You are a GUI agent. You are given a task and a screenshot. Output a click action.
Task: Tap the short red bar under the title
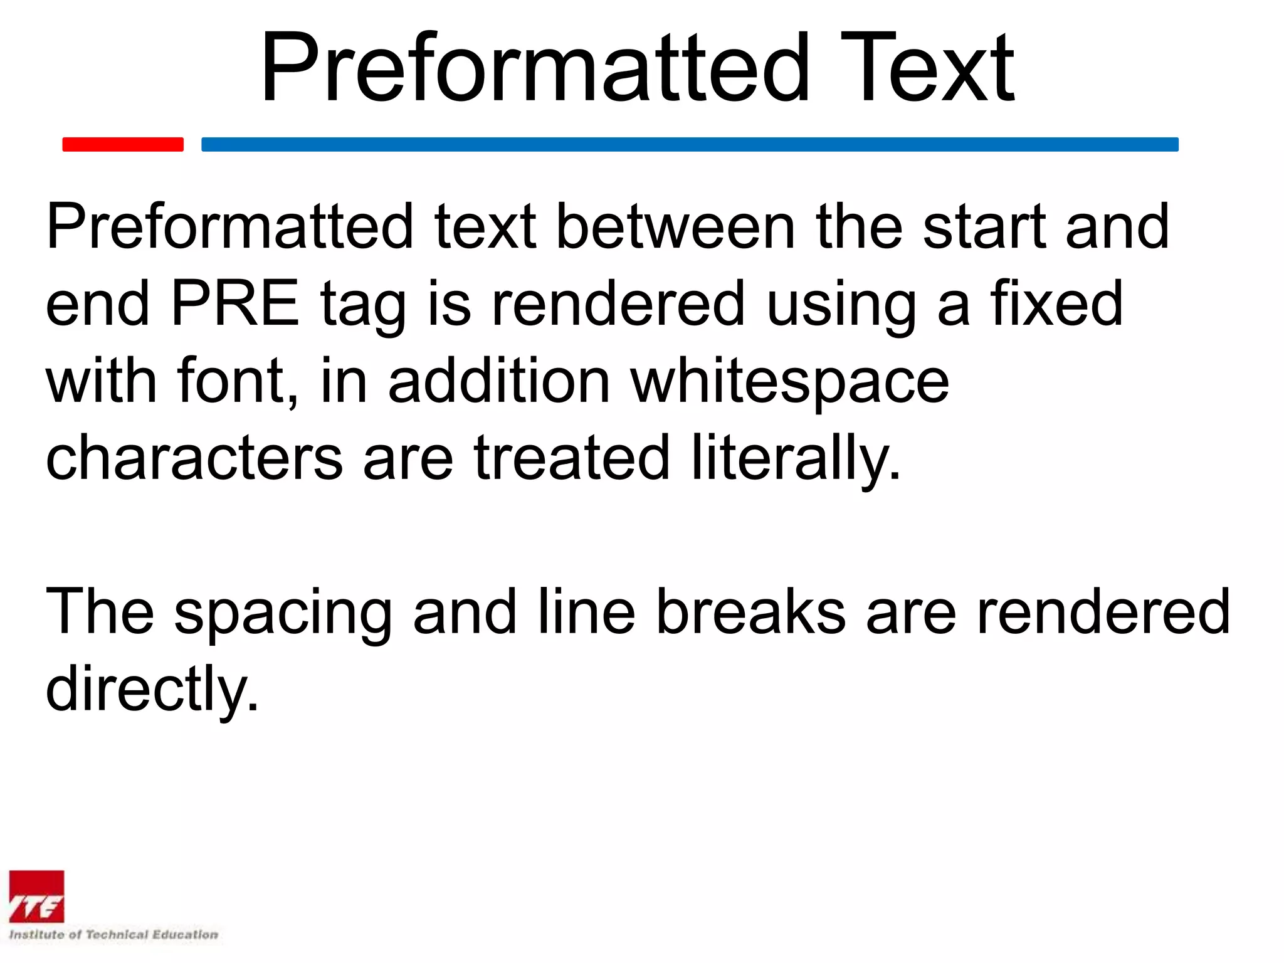click(123, 144)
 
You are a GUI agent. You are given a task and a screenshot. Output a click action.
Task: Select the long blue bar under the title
click(690, 144)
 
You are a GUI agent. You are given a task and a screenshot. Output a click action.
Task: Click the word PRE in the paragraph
click(235, 304)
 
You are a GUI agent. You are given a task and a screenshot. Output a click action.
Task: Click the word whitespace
click(790, 382)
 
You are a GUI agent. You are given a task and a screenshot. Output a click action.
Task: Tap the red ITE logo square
click(36, 897)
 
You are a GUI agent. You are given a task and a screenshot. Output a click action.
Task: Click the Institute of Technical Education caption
click(113, 935)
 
